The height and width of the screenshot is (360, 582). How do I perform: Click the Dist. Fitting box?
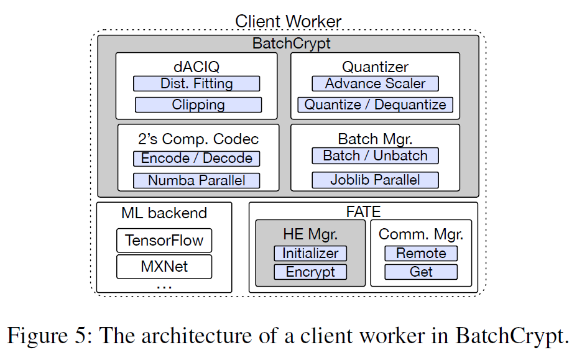tap(197, 84)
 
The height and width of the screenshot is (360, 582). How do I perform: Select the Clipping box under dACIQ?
tap(198, 105)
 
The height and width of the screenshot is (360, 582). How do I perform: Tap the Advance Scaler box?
tap(375, 83)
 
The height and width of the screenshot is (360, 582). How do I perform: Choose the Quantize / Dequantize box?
tap(375, 104)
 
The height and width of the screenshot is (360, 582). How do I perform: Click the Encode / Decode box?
tap(196, 159)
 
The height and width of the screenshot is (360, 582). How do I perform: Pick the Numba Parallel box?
tap(196, 181)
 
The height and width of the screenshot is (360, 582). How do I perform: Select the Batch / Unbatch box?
tap(375, 155)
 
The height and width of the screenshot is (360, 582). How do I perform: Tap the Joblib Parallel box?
tap(375, 180)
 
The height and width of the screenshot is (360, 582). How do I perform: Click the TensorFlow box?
tap(164, 241)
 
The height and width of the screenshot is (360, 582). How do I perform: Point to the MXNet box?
tap(164, 267)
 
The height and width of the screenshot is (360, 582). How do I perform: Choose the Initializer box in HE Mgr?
tap(310, 253)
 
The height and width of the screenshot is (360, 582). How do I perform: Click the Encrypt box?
tap(310, 272)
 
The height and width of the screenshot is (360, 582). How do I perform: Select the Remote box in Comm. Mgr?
tap(421, 253)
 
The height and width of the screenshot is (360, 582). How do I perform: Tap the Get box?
tap(421, 272)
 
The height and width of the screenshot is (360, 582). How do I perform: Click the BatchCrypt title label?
tap(291, 44)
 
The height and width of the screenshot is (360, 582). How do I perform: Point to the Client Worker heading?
tap(288, 21)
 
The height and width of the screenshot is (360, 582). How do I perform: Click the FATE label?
tap(363, 211)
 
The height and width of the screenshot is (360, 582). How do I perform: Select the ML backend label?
tap(164, 213)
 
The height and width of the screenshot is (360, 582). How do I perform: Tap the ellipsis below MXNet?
tap(164, 286)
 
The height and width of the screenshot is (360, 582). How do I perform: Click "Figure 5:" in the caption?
tap(50, 336)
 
